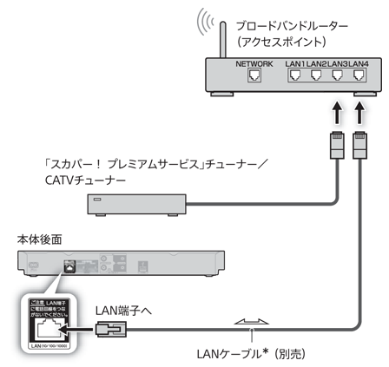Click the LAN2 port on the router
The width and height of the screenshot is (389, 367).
coord(316,75)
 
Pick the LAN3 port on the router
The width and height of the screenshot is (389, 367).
coord(336,75)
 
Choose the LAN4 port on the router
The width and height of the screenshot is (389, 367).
coord(356,75)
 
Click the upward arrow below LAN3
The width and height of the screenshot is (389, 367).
coord(336,112)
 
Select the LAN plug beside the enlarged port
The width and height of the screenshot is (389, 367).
coord(110,330)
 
